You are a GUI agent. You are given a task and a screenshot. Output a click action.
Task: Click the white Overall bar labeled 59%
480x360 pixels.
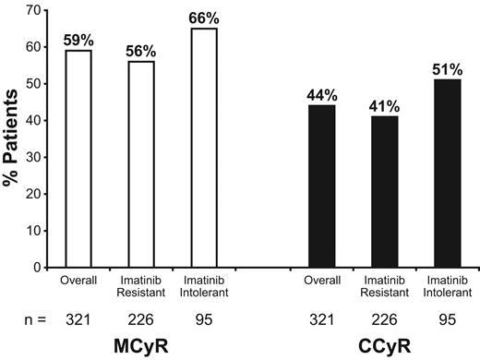pos(79,159)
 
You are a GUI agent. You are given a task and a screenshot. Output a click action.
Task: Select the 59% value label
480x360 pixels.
pos(79,42)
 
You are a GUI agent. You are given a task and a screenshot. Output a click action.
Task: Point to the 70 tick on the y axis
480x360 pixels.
pos(37,10)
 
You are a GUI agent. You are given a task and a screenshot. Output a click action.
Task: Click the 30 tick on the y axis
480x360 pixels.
pos(37,157)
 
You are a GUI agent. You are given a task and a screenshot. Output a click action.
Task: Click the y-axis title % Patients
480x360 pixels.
pos(12,138)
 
